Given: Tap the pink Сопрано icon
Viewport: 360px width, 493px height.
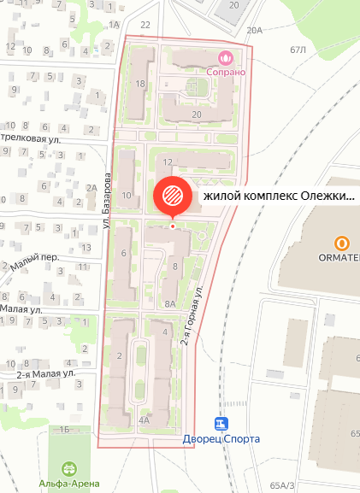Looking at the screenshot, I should click(226, 58).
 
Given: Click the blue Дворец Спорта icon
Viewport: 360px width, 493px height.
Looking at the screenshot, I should click(222, 425).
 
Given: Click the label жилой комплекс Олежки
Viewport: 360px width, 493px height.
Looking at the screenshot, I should click(278, 196).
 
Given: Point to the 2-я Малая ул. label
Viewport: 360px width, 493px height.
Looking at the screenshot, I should click(47, 373).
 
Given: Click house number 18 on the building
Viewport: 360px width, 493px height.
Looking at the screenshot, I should click(141, 84).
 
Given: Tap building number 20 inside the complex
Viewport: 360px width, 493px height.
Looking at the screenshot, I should click(197, 114).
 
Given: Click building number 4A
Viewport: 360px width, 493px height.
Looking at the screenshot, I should click(144, 420).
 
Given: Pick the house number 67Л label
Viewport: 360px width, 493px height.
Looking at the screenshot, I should click(298, 50).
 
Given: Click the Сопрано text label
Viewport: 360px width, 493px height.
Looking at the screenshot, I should click(226, 72).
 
